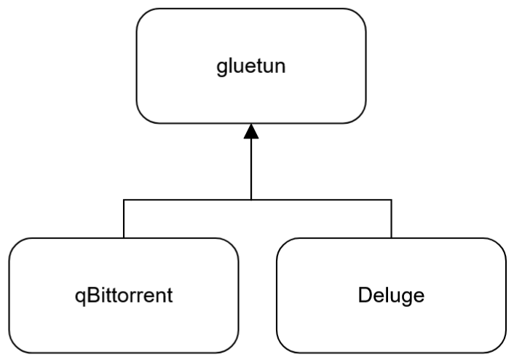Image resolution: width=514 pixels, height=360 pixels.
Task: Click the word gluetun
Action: click(251, 66)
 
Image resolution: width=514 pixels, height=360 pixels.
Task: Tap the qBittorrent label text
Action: click(124, 296)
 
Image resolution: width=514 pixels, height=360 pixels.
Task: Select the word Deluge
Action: click(391, 296)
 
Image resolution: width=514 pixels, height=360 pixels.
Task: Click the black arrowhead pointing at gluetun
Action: click(251, 131)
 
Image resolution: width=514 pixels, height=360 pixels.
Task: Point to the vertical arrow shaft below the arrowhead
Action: click(251, 169)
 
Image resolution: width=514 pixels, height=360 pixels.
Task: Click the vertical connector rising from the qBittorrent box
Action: click(124, 219)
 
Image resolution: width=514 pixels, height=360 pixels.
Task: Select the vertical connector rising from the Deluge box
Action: click(392, 219)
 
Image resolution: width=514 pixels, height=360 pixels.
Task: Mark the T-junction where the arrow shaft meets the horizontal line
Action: click(251, 200)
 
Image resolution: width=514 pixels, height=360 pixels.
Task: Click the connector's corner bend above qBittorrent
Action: click(124, 200)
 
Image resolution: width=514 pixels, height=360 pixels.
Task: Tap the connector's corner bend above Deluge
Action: click(392, 200)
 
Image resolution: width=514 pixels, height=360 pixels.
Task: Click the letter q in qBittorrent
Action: click(80, 297)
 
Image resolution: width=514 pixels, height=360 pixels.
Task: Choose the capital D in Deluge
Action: click(365, 295)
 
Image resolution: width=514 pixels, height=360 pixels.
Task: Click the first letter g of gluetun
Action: click(221, 69)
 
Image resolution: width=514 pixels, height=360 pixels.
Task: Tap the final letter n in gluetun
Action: click(280, 68)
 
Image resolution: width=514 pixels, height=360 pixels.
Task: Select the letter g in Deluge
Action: click(404, 298)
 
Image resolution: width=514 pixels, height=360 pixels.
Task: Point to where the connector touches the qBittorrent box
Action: click(124, 238)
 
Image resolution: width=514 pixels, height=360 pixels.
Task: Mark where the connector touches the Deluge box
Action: click(392, 238)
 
